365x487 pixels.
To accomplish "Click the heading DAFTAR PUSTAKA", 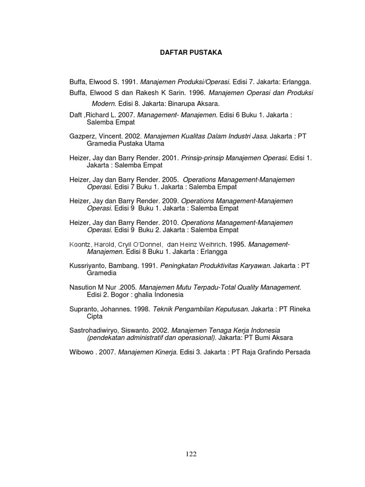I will pyautogui.click(x=190, y=53).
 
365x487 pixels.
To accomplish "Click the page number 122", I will pyautogui.click(x=191, y=454).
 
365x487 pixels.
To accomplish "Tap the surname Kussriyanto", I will pyautogui.click(x=89, y=266).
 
